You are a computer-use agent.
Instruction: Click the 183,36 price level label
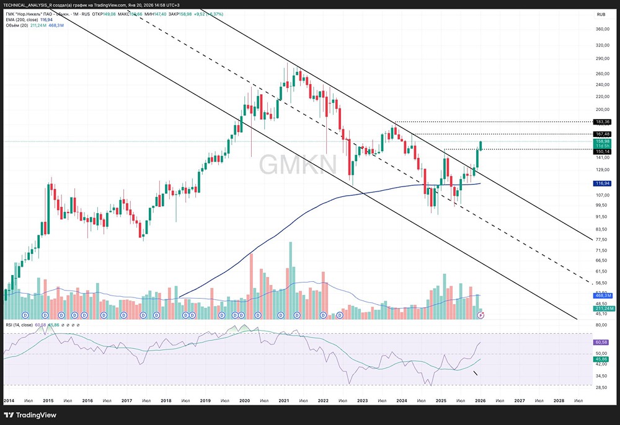pos(603,122)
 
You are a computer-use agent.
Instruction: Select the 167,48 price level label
pos(603,134)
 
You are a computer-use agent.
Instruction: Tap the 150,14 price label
pos(603,151)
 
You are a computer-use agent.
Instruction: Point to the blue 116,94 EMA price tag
pos(603,183)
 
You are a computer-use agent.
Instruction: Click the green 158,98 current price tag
pos(603,141)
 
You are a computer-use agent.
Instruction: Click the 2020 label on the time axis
pos(244,401)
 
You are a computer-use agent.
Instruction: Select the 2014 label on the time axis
pos(9,401)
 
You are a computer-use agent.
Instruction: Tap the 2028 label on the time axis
pos(558,401)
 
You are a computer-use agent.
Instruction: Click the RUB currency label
pos(601,14)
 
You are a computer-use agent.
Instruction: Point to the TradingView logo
pos(31,414)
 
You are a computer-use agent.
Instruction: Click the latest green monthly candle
pos(480,146)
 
